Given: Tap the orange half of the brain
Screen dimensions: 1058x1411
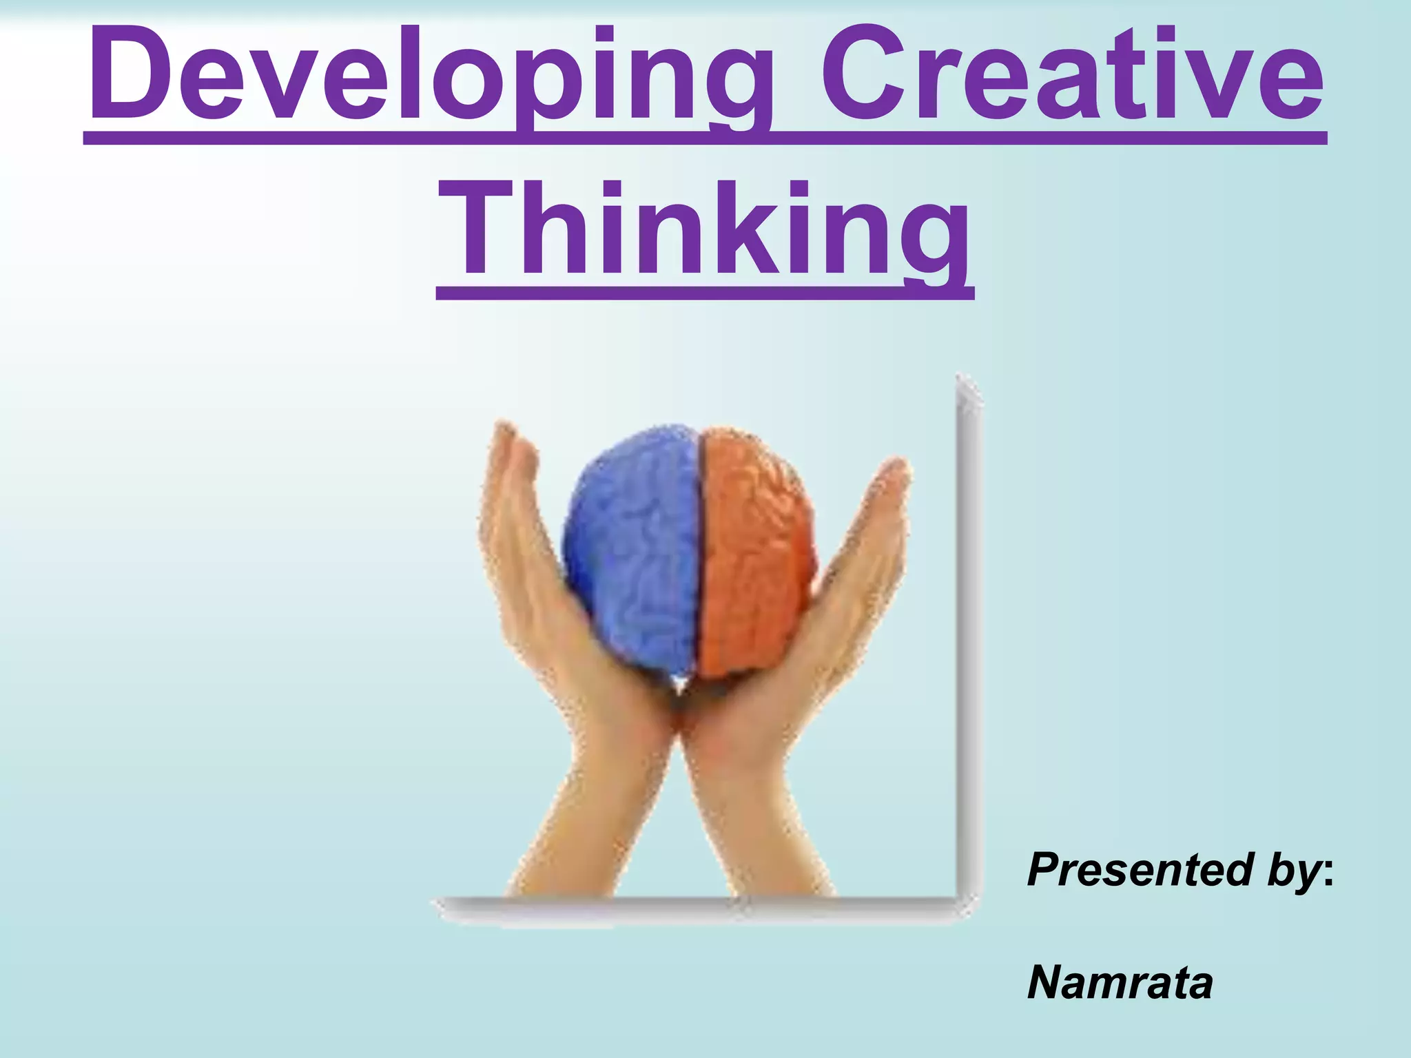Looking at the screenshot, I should (754, 551).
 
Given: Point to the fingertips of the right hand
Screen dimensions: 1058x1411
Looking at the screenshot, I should (896, 468).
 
